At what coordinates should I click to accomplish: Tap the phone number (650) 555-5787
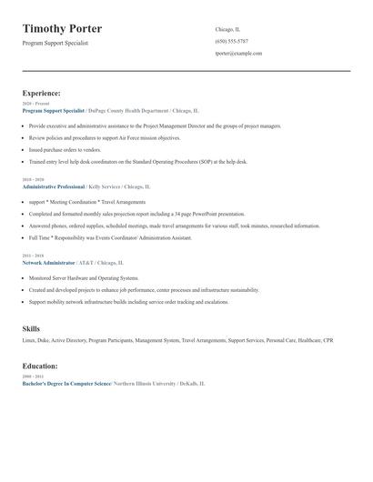(x=232, y=41)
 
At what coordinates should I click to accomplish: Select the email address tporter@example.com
(x=238, y=54)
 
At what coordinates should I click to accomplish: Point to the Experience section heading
(x=42, y=93)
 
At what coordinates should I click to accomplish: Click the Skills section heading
(x=31, y=327)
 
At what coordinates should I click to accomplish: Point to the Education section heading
(x=40, y=366)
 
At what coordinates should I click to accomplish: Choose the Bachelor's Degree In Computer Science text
(x=66, y=384)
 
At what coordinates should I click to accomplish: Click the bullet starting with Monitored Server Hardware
(x=84, y=278)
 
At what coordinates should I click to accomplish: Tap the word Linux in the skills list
(x=29, y=340)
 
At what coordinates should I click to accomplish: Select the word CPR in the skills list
(x=328, y=340)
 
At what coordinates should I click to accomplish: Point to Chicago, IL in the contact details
(x=229, y=28)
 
